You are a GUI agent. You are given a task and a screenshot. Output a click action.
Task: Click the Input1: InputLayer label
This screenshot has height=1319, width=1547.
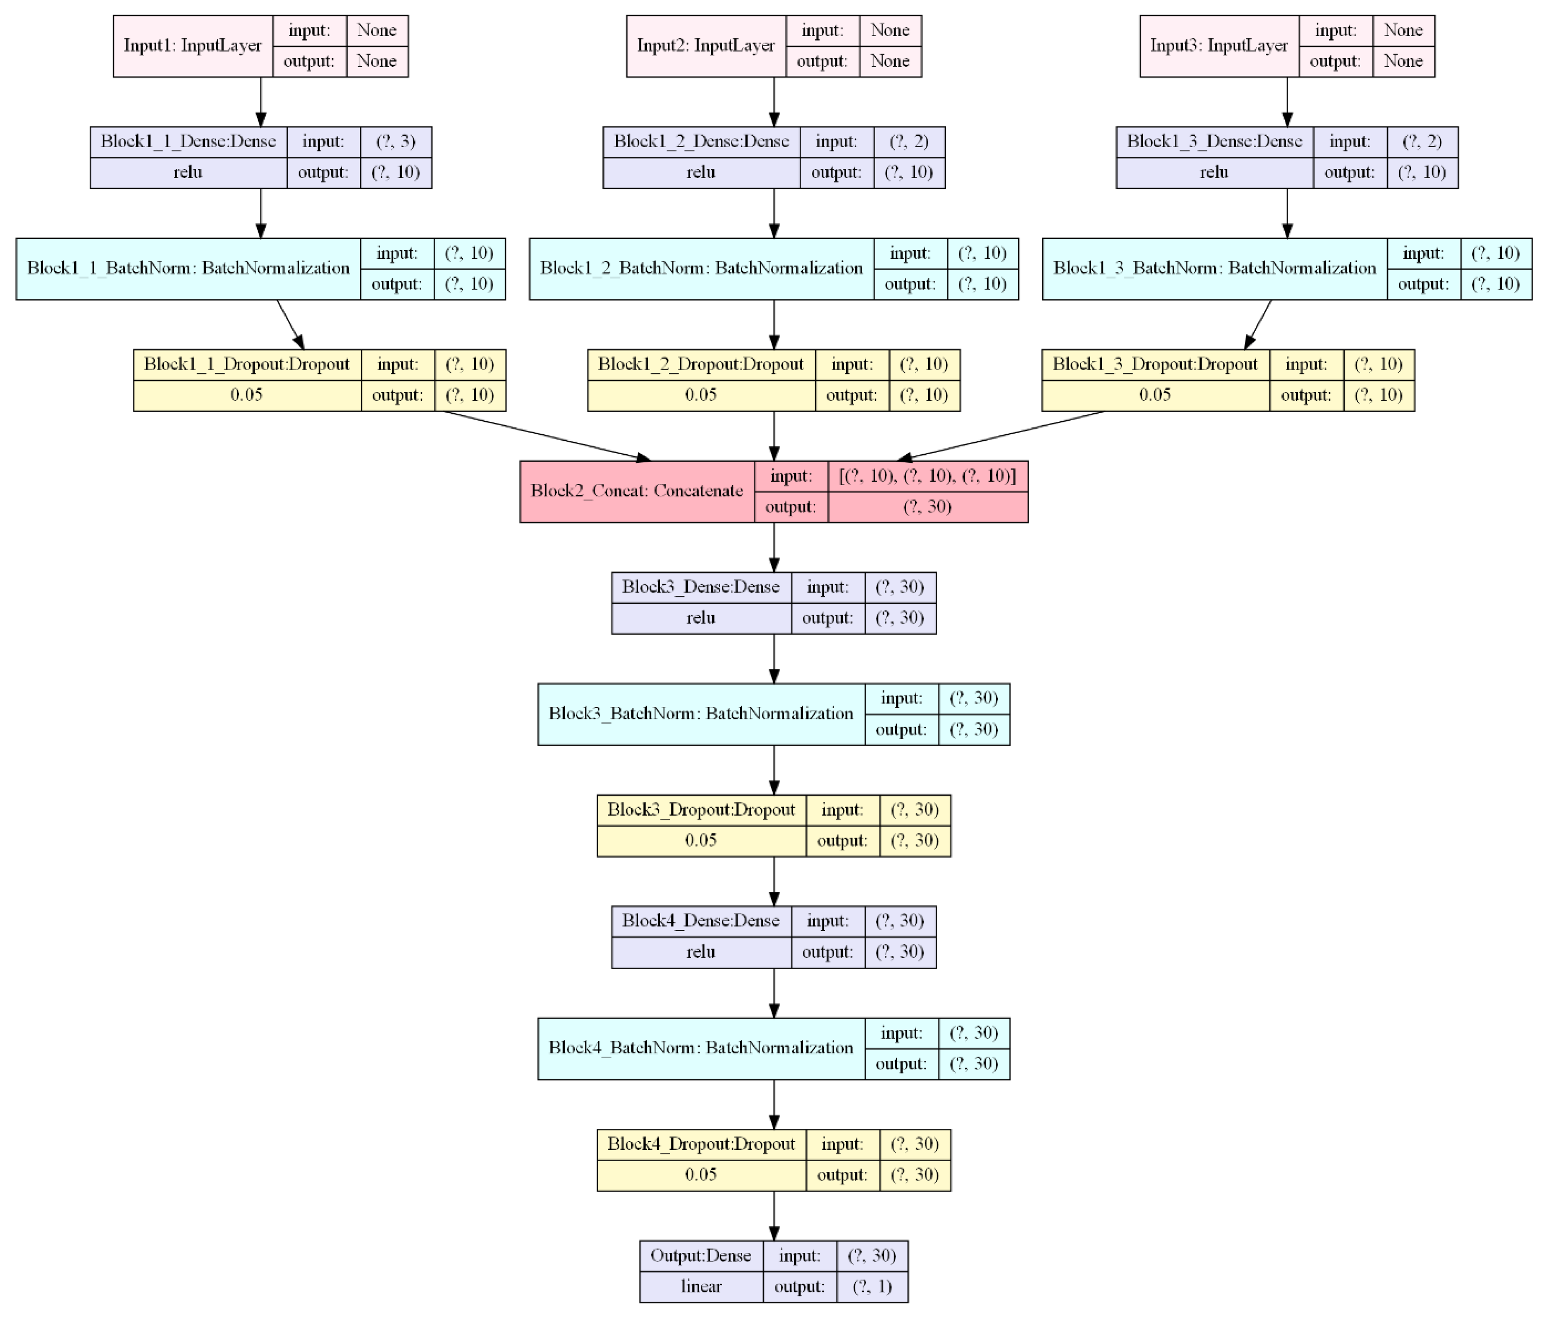[193, 46]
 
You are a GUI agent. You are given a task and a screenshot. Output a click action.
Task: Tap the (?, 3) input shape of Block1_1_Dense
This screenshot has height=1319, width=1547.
[396, 141]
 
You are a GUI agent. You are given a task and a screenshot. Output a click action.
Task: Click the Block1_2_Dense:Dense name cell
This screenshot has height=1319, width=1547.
[701, 141]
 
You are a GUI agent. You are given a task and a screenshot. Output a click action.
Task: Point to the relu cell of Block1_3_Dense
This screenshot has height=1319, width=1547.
[1214, 173]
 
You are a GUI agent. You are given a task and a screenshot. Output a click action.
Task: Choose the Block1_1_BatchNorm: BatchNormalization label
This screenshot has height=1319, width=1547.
[188, 268]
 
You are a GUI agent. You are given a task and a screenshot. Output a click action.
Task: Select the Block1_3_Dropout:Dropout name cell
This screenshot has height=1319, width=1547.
[1155, 365]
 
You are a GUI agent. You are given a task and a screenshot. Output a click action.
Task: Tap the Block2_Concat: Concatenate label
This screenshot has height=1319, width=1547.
[637, 491]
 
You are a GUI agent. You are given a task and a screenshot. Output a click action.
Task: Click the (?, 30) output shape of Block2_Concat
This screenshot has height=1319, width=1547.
[927, 507]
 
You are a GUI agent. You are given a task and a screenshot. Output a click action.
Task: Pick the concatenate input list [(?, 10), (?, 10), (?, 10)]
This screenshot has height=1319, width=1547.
[927, 476]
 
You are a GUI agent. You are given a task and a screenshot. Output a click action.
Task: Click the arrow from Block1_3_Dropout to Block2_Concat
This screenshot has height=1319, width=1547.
[1000, 435]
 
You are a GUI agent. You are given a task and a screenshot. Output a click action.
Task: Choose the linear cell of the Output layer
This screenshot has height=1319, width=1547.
[701, 1286]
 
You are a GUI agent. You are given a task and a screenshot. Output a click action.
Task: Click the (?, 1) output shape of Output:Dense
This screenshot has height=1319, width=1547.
[872, 1286]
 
